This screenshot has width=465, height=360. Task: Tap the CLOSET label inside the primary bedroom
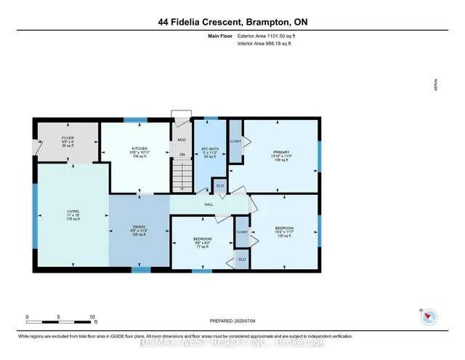(x=235, y=141)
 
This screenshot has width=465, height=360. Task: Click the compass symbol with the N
(x=429, y=316)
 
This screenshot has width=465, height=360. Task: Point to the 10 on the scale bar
(x=92, y=318)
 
